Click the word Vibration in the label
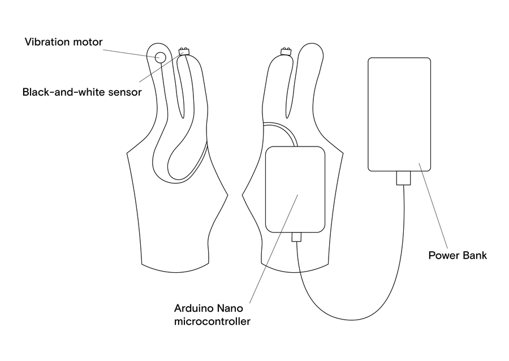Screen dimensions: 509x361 pyautogui.click(x=48, y=42)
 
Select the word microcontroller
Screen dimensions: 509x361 pyautogui.click(x=212, y=321)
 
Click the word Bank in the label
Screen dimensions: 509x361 pyautogui.click(x=475, y=255)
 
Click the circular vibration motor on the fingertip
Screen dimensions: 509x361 pyautogui.click(x=161, y=58)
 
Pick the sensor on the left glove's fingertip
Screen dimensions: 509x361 pyautogui.click(x=184, y=51)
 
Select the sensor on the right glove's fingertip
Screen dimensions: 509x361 pyautogui.click(x=286, y=51)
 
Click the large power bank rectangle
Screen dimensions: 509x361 pyautogui.click(x=399, y=114)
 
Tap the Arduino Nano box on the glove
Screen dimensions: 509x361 pyautogui.click(x=295, y=189)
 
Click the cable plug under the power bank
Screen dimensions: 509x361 pyautogui.click(x=403, y=178)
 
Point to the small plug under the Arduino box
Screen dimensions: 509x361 pyautogui.click(x=296, y=237)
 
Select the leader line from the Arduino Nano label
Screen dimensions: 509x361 pyautogui.click(x=274, y=249)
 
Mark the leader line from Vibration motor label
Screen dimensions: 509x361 pyautogui.click(x=131, y=54)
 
